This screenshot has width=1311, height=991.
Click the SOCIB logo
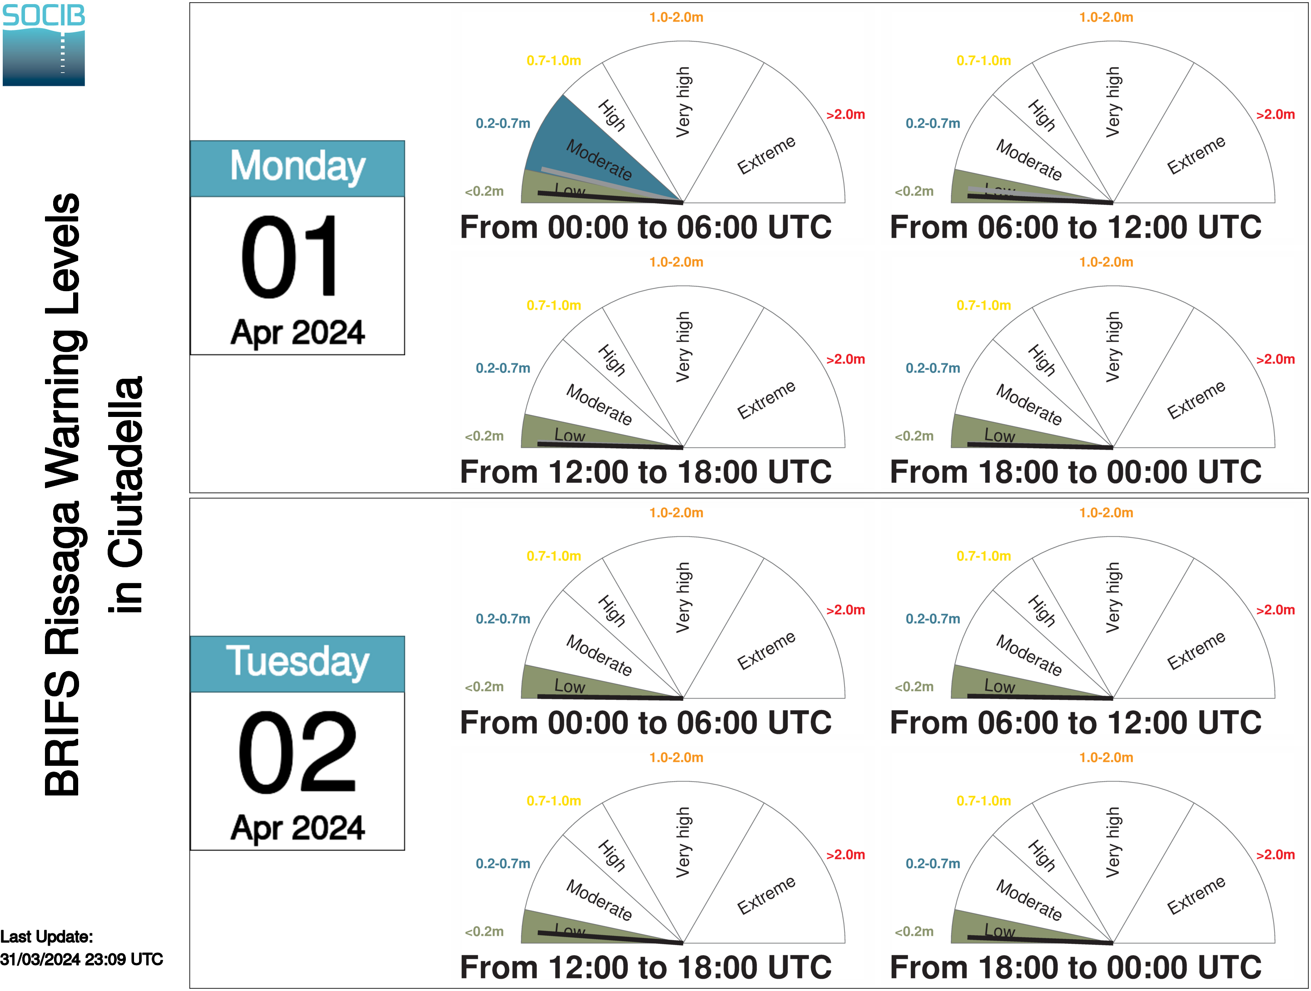[44, 45]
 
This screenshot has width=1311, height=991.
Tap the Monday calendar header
[298, 168]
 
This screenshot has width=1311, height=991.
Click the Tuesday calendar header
[298, 664]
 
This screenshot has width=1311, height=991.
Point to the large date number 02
[298, 752]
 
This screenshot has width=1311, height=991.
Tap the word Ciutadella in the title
[126, 495]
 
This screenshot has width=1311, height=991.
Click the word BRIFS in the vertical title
[62, 733]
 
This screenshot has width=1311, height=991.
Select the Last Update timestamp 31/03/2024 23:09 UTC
[82, 959]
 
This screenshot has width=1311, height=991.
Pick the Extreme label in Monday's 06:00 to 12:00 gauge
[1196, 155]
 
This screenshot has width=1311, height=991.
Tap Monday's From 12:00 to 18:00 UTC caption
[646, 472]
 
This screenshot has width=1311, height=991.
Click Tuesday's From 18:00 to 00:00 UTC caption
[1076, 967]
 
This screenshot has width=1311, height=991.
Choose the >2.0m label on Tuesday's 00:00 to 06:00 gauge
[846, 610]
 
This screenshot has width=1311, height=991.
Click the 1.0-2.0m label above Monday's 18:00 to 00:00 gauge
[1106, 262]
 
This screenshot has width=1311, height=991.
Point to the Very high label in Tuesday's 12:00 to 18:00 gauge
[683, 842]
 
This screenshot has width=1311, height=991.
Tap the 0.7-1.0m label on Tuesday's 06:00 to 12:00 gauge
[984, 556]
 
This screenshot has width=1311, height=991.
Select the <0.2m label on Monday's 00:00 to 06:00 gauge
[484, 192]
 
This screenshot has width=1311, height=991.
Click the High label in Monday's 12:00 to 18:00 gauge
[611, 360]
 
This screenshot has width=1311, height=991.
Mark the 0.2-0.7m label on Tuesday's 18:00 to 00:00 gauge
[933, 863]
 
